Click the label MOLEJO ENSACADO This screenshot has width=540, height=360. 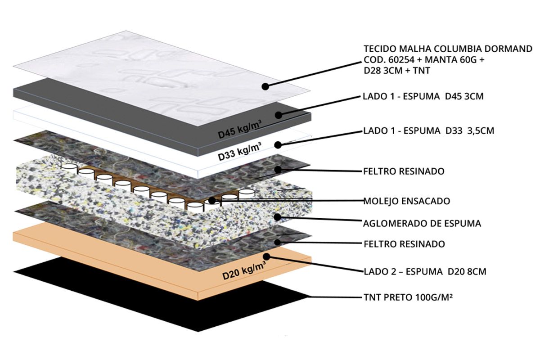click(x=406, y=201)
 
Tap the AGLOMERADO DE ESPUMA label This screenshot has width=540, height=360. click(x=422, y=224)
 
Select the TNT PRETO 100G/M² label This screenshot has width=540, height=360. click(x=408, y=297)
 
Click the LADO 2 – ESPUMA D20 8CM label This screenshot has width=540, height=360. click(x=425, y=271)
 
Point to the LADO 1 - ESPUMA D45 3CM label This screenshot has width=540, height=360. click(x=423, y=96)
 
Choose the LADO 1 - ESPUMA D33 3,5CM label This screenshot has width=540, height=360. click(x=428, y=130)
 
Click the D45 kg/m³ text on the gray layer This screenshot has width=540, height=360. click(x=239, y=129)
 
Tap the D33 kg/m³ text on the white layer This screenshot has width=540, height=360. click(x=239, y=152)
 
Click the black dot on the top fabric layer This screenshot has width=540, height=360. click(x=265, y=86)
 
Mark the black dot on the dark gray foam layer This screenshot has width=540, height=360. click(x=279, y=115)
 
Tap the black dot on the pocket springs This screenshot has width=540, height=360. click(x=212, y=200)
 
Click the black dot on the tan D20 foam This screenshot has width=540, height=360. click(x=266, y=256)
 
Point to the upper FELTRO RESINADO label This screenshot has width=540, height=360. click(x=404, y=171)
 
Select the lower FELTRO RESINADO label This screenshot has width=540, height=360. click(x=404, y=244)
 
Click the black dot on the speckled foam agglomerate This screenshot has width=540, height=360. click(x=278, y=217)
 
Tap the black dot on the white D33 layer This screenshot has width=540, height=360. click(x=278, y=145)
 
